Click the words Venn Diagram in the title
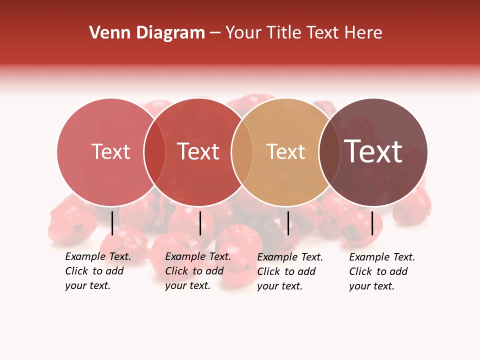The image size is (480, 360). (147, 33)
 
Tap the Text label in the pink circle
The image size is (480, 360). (110, 152)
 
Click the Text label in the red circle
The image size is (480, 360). (198, 152)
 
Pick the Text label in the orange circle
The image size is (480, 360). (285, 152)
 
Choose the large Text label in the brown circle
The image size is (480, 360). (373, 152)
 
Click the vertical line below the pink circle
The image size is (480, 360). (112, 223)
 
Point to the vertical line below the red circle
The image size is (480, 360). (200, 223)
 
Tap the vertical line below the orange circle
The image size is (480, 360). (288, 223)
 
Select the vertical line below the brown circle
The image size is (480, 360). (372, 223)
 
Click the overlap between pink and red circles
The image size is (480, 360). (154, 152)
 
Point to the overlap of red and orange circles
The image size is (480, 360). (242, 152)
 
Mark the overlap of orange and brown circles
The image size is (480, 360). (329, 152)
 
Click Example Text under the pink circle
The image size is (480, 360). (98, 257)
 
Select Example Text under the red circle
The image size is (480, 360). (198, 257)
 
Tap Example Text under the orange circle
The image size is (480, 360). (290, 257)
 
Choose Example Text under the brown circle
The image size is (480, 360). (382, 257)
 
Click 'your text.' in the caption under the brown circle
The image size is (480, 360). (371, 286)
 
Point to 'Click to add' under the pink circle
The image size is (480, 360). (94, 271)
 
